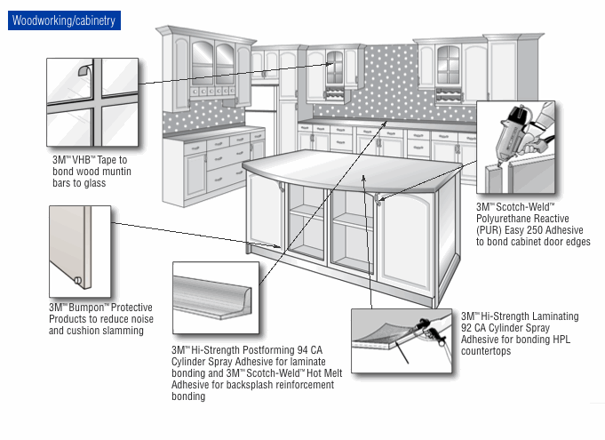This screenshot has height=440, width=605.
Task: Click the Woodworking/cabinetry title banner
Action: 64,20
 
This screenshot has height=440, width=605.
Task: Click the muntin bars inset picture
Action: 92,101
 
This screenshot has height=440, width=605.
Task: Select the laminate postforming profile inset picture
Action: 215,303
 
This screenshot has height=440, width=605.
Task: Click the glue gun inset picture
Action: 515,148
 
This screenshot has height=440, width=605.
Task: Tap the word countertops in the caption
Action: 486,351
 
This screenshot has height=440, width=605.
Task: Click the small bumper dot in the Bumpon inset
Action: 78,283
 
